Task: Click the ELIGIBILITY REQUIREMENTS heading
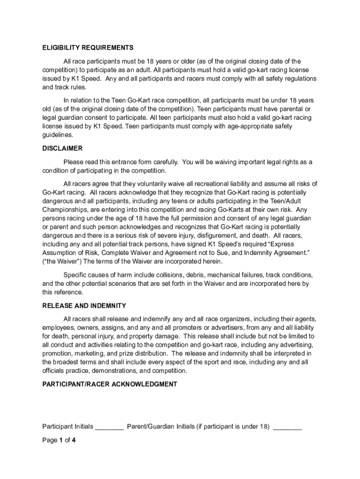87,48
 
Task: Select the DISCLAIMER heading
62,148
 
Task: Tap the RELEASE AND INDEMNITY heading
84,305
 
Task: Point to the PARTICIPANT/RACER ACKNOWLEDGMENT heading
109,384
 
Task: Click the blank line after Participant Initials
109,427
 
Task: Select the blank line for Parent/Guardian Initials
287,427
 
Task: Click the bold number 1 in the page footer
60,440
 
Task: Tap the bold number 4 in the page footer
73,440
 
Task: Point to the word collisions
176,275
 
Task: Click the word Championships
65,210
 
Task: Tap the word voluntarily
145,183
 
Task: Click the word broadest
71,362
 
